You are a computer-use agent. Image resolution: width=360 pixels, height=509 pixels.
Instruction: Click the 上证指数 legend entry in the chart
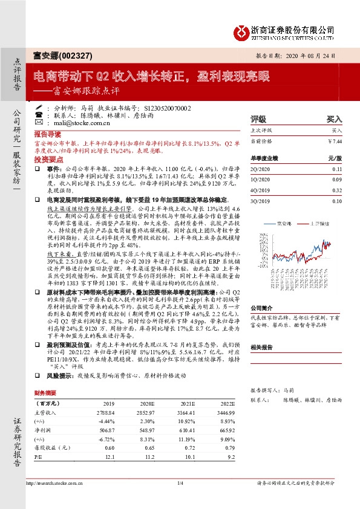click(x=325, y=222)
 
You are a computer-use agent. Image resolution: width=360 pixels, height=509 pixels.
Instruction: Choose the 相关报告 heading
click(x=263, y=347)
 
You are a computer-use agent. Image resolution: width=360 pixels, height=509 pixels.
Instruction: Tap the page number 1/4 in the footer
click(x=180, y=483)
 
